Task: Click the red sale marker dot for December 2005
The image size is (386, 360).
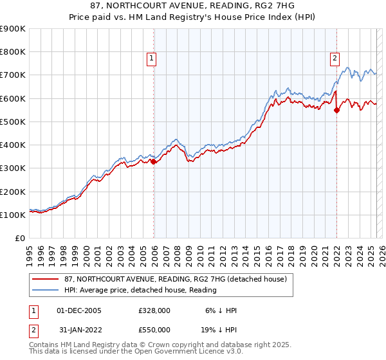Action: [154, 162]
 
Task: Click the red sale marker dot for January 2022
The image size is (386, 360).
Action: [336, 110]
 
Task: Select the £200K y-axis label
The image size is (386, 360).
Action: [13, 192]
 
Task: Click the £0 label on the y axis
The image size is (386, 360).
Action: [19, 239]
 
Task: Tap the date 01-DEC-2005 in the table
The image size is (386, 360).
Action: [79, 310]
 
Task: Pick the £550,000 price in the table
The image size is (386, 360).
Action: [154, 329]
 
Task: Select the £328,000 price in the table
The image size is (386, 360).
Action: [154, 310]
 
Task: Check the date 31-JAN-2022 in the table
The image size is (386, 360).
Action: [79, 329]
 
